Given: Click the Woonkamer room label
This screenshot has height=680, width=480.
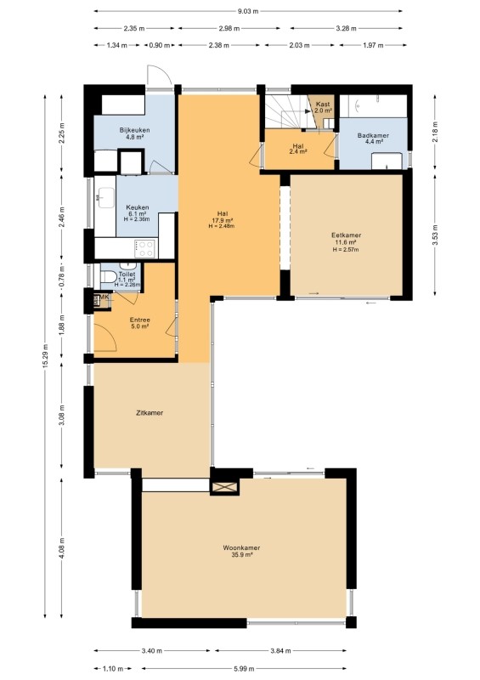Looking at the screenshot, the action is (241, 547).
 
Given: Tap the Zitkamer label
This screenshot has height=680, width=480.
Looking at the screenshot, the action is (150, 413).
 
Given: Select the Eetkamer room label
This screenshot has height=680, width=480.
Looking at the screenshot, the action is (346, 235).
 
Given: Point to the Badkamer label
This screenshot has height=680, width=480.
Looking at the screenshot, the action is (373, 135).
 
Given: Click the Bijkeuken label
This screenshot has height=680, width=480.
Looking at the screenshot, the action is (135, 130).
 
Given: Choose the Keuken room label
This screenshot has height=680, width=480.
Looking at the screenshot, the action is (138, 207).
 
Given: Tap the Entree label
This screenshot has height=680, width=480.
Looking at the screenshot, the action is (140, 320).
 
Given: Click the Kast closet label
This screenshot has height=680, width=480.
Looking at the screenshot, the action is (323, 104).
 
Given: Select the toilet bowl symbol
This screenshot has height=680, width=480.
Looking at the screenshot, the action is (108, 275).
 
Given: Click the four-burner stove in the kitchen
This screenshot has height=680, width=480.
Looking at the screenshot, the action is (144, 249).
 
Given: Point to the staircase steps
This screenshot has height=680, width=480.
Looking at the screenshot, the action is (286, 111).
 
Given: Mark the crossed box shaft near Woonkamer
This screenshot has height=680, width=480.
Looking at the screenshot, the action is (224, 487).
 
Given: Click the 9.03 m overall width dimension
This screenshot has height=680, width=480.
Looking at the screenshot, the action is (248, 11).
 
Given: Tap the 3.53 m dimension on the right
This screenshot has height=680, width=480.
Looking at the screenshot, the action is (435, 235).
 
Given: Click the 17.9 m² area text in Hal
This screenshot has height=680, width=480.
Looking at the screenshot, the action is (223, 220).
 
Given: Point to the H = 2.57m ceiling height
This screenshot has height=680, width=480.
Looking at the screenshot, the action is (346, 249).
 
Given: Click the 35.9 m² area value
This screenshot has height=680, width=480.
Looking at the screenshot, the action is (241, 554).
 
